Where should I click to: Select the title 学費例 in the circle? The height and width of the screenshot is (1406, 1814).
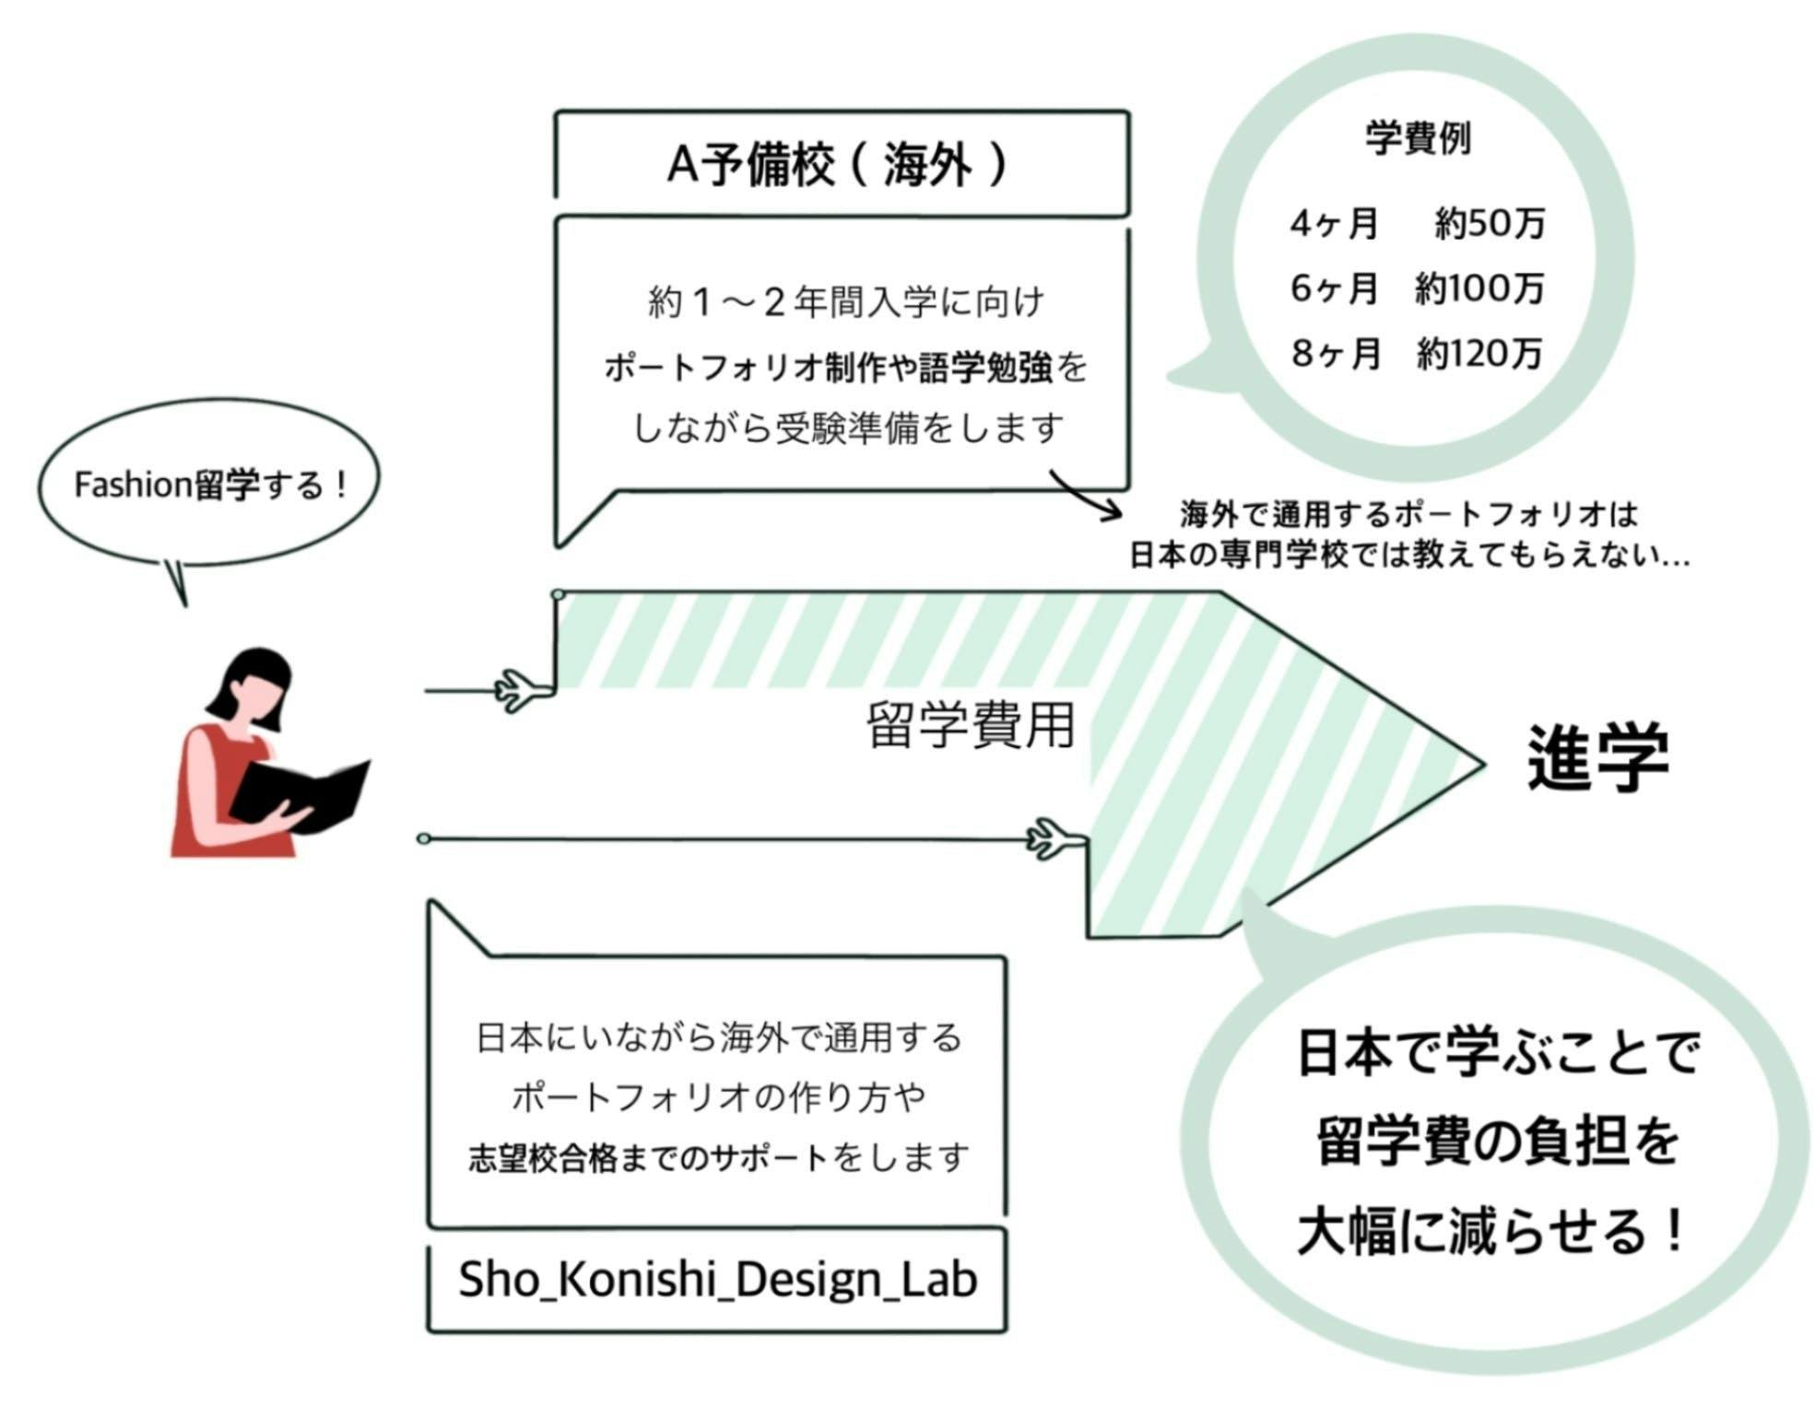[x=1417, y=139]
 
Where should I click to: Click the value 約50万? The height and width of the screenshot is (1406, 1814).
[x=1490, y=224]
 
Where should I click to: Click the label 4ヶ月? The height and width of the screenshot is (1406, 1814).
[x=1334, y=224]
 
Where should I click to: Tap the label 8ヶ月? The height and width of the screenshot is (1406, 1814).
[x=1336, y=354]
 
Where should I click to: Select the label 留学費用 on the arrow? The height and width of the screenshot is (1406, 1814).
[x=971, y=725]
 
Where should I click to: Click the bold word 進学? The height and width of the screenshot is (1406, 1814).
[x=1597, y=757]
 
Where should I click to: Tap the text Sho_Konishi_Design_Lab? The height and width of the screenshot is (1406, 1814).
[x=717, y=1279]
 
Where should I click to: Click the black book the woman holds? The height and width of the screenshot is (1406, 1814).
[x=300, y=794]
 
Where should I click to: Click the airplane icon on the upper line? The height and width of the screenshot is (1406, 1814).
[x=521, y=690]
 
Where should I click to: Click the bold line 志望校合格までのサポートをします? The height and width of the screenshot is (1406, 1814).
[x=718, y=1157]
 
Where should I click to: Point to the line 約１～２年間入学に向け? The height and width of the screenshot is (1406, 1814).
[x=845, y=302]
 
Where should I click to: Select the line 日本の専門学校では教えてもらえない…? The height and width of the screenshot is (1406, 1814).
[x=1408, y=556]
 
